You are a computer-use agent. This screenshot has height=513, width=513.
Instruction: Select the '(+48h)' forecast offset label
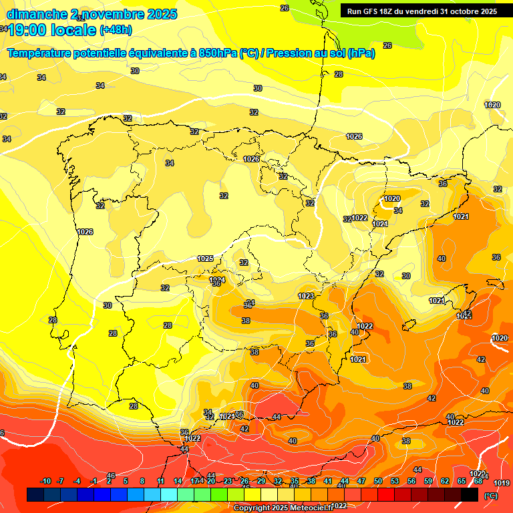116,30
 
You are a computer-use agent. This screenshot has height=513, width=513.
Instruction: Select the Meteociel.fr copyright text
283,508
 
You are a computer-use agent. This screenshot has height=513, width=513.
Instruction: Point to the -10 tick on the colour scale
45,481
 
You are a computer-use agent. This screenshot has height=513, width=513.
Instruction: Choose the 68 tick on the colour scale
478,481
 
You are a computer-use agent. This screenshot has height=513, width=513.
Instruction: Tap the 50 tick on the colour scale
378,481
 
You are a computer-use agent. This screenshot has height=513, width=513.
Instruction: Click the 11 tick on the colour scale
160,481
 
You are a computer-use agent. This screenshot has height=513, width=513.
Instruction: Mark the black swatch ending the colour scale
470,494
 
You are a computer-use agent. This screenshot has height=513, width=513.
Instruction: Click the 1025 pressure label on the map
205,259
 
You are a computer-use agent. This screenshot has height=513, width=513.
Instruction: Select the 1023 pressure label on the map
306,295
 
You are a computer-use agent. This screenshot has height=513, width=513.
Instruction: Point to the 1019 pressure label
502,483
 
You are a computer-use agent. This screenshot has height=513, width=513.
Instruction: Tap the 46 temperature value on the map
111,475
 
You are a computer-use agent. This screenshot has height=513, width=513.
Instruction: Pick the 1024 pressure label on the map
217,280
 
